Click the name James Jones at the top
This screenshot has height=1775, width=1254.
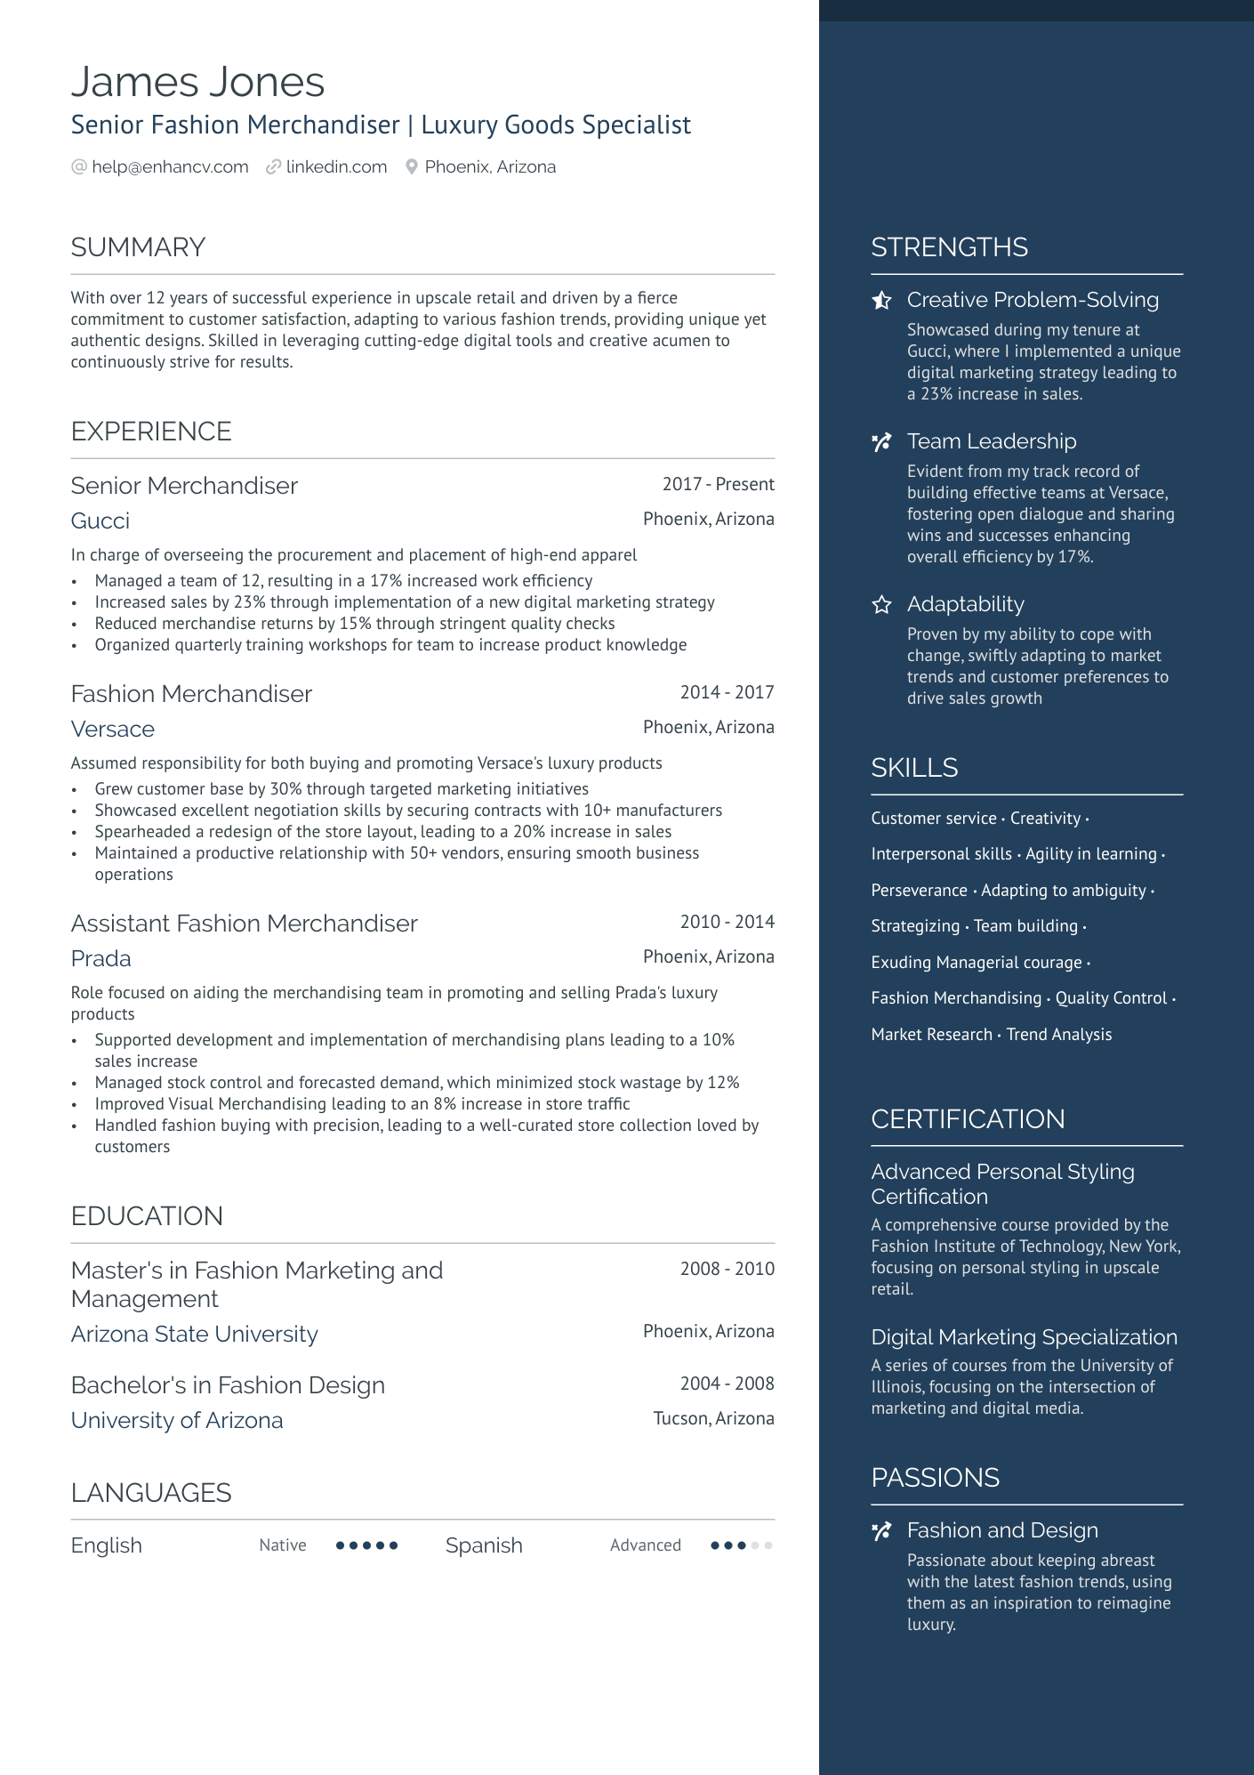[197, 82]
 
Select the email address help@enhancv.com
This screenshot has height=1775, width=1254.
[170, 167]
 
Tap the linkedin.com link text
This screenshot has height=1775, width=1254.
[336, 167]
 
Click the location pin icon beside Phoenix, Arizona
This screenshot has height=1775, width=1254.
[412, 167]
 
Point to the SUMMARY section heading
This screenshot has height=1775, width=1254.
[138, 247]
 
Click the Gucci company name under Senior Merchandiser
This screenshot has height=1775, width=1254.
[100, 520]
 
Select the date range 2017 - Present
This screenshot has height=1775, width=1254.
[718, 484]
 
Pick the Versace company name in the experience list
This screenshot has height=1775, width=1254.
[113, 729]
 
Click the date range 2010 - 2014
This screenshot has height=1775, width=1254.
[727, 922]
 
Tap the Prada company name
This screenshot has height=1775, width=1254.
[101, 958]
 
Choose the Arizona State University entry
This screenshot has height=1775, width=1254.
[194, 1334]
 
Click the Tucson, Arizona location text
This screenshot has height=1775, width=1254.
[713, 1418]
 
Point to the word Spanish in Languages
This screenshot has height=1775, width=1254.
[484, 1545]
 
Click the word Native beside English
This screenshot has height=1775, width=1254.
[283, 1545]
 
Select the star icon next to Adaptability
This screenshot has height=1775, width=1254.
[881, 605]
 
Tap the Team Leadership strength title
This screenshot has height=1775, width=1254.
[991, 441]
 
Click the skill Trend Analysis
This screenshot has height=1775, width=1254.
[1058, 1034]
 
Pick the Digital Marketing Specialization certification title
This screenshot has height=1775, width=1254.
[1024, 1337]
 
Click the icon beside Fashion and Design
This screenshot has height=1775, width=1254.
[881, 1531]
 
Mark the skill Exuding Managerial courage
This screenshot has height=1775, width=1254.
[976, 962]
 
